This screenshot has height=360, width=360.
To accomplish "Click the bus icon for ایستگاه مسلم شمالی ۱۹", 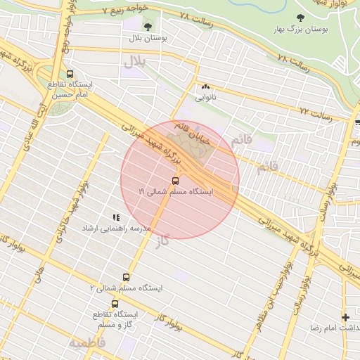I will point(176,179).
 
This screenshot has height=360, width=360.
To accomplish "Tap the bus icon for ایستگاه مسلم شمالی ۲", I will point(127,277).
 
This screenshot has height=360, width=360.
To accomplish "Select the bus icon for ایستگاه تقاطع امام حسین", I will point(70,73).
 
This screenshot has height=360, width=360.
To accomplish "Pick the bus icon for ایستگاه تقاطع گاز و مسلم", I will point(115,304).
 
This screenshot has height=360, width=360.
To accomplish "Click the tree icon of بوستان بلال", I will point(148,27).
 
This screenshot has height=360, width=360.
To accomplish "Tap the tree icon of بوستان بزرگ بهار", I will point(301,18).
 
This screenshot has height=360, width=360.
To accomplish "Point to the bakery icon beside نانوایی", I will point(206,87).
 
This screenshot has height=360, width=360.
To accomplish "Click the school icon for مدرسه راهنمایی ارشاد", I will point(116,218).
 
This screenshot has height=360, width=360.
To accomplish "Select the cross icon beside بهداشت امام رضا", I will point(345,317).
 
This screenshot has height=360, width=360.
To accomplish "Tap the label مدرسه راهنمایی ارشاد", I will point(115,229).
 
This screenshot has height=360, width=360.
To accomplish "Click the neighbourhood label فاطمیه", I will point(86,342).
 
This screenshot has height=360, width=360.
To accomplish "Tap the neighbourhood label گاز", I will point(164,241).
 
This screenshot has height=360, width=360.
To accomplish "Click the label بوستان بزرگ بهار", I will point(303,30).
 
